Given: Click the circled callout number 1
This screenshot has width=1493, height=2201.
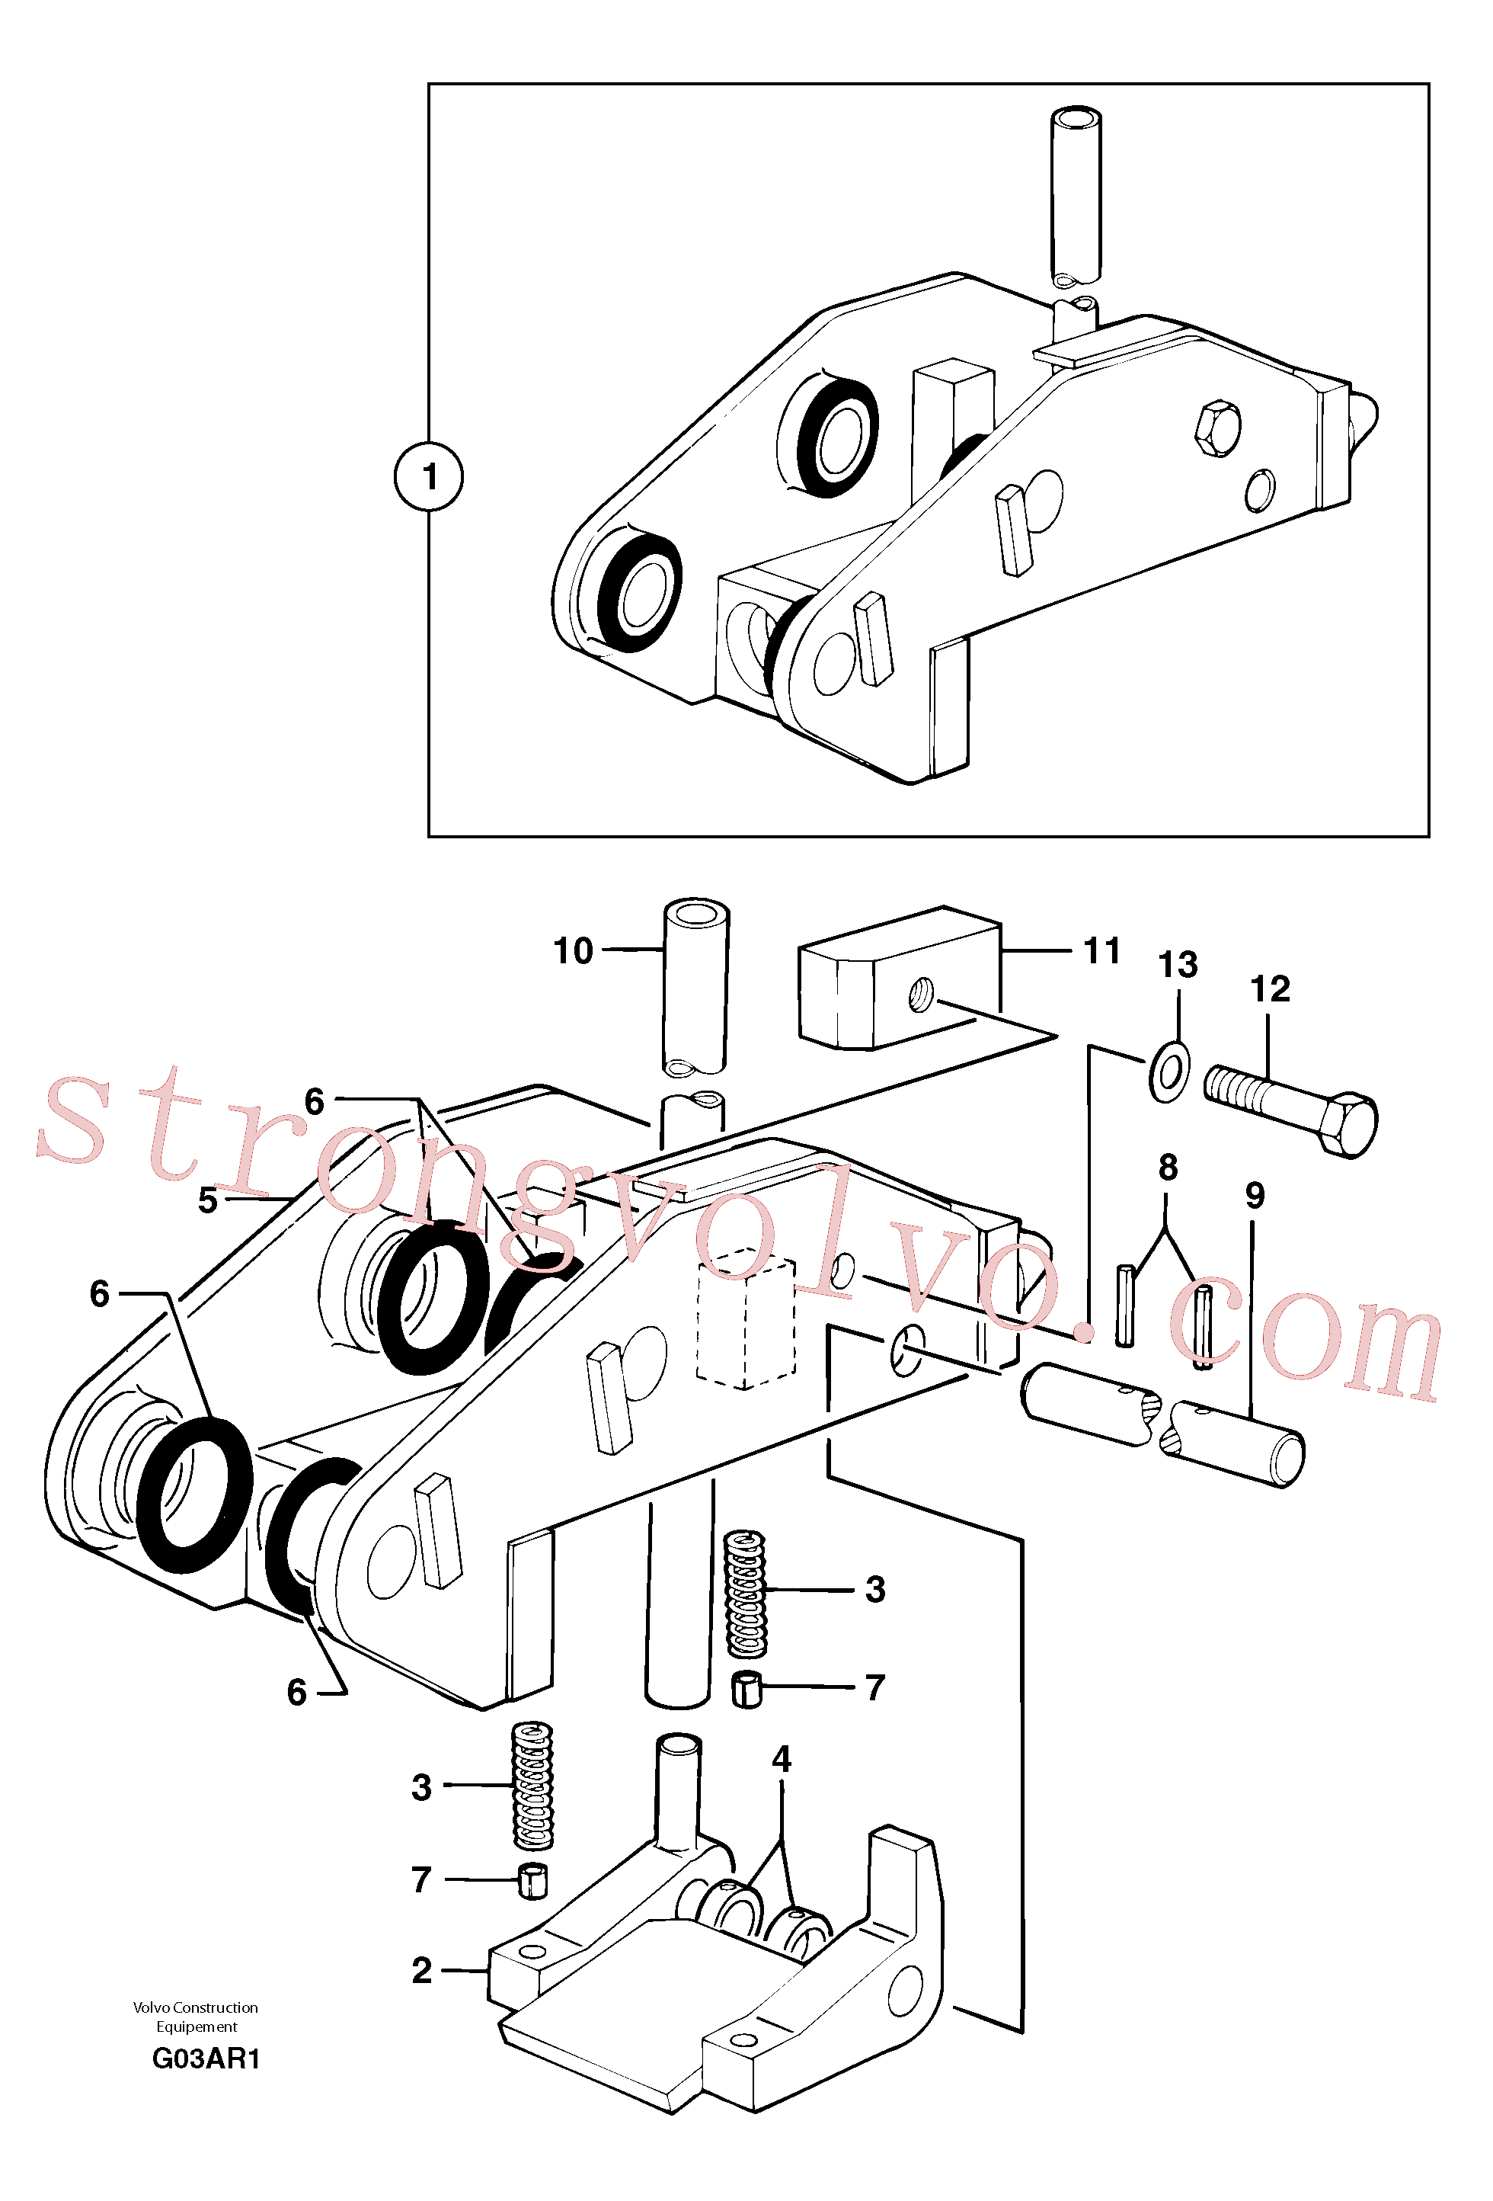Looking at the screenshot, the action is pos(429,476).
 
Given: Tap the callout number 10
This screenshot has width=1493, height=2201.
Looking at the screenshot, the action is pos(573,950).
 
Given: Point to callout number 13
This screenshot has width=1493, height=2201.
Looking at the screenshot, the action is pos(1178,965).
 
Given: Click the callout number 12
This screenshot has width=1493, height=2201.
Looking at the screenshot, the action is pos(1270,988).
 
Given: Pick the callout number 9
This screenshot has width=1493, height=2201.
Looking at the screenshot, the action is pos(1255,1195).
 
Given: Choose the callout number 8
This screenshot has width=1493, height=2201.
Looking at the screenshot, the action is pos(1169,1167).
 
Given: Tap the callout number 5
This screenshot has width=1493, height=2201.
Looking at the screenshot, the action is pos(207,1200).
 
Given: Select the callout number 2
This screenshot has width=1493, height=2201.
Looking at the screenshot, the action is pos(421,1970).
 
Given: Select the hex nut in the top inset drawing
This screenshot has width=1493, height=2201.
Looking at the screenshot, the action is pos(1217,429).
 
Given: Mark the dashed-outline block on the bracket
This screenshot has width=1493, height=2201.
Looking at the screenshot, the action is pos(746,1318).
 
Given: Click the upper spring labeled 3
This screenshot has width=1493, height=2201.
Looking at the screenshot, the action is pos(746,1593).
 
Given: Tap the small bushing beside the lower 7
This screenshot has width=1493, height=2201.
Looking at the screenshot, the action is pos(534,1880).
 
